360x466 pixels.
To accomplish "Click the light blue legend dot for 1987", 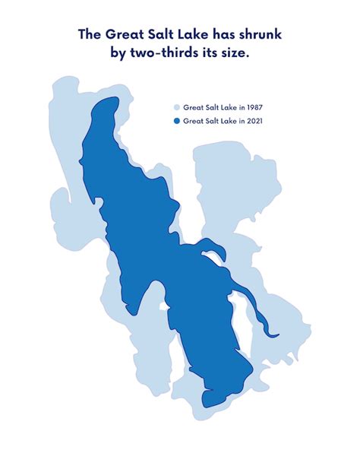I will [x=177, y=108].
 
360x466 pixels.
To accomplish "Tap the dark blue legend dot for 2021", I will [x=177, y=121].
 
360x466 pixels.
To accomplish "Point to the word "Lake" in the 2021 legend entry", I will [x=226, y=121].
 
